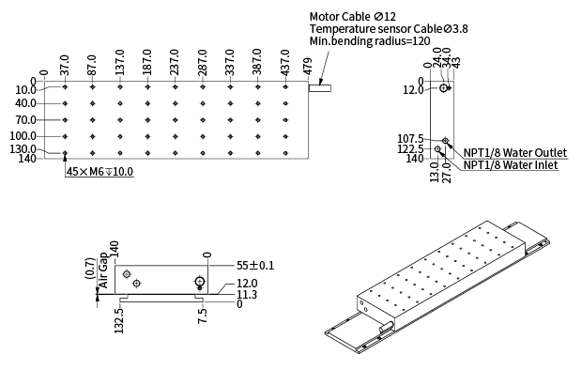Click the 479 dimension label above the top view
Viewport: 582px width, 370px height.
tap(308, 66)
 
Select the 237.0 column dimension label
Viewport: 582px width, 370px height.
tap(175, 62)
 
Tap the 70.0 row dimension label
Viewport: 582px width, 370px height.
tap(26, 120)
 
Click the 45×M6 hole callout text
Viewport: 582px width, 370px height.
tap(100, 172)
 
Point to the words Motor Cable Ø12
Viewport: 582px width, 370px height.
tap(353, 17)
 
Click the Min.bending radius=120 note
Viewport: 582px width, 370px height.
tap(370, 41)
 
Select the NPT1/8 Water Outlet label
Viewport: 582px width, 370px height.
tap(515, 153)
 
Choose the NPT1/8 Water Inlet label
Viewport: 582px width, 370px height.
tap(511, 165)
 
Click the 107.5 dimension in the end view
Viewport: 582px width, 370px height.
tap(410, 139)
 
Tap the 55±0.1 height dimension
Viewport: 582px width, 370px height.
tap(255, 266)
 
